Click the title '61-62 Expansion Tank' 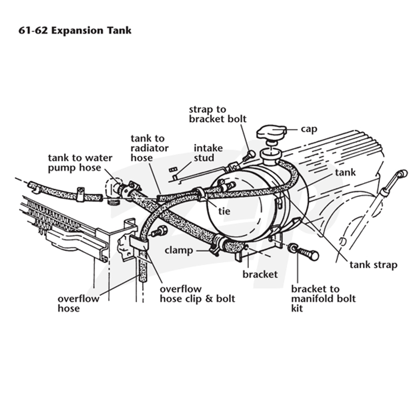point(75,30)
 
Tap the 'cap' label point(309,129)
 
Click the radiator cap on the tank point(271,133)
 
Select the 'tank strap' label point(373,265)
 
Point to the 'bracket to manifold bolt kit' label point(323,299)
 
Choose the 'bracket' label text point(260,274)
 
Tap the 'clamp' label point(178,250)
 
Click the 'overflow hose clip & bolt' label point(197,294)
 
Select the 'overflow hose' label point(78,303)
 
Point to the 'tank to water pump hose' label point(80,163)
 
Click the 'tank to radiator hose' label point(150,148)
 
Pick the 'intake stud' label point(208,153)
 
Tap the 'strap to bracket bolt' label point(217,114)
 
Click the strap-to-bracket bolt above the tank point(249,156)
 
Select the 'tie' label point(224,212)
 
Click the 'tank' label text point(345,173)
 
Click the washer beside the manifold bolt point(292,247)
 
